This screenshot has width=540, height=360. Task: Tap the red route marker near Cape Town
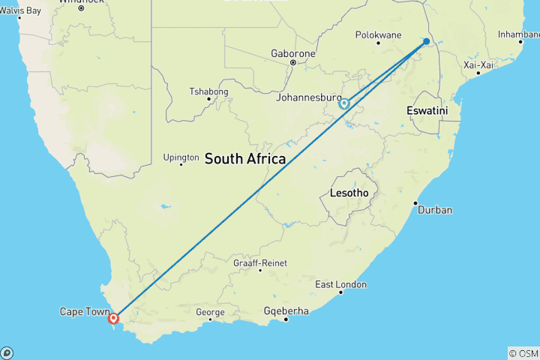tap(113, 319)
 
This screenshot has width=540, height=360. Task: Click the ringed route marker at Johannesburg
tap(344, 103)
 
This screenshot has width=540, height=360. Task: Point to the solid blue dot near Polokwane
tap(426, 41)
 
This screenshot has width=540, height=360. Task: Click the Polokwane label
tap(379, 35)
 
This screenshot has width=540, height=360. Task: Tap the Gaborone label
tap(292, 54)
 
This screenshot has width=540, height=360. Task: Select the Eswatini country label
tap(427, 110)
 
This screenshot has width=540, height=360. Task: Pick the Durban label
tap(435, 210)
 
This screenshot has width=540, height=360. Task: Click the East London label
tap(341, 284)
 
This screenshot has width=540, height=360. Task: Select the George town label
tap(210, 312)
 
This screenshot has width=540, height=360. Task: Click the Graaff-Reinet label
tap(261, 262)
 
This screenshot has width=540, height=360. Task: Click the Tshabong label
tap(207, 91)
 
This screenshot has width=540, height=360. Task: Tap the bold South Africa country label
tap(245, 158)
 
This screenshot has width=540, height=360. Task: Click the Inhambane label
tap(519, 34)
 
